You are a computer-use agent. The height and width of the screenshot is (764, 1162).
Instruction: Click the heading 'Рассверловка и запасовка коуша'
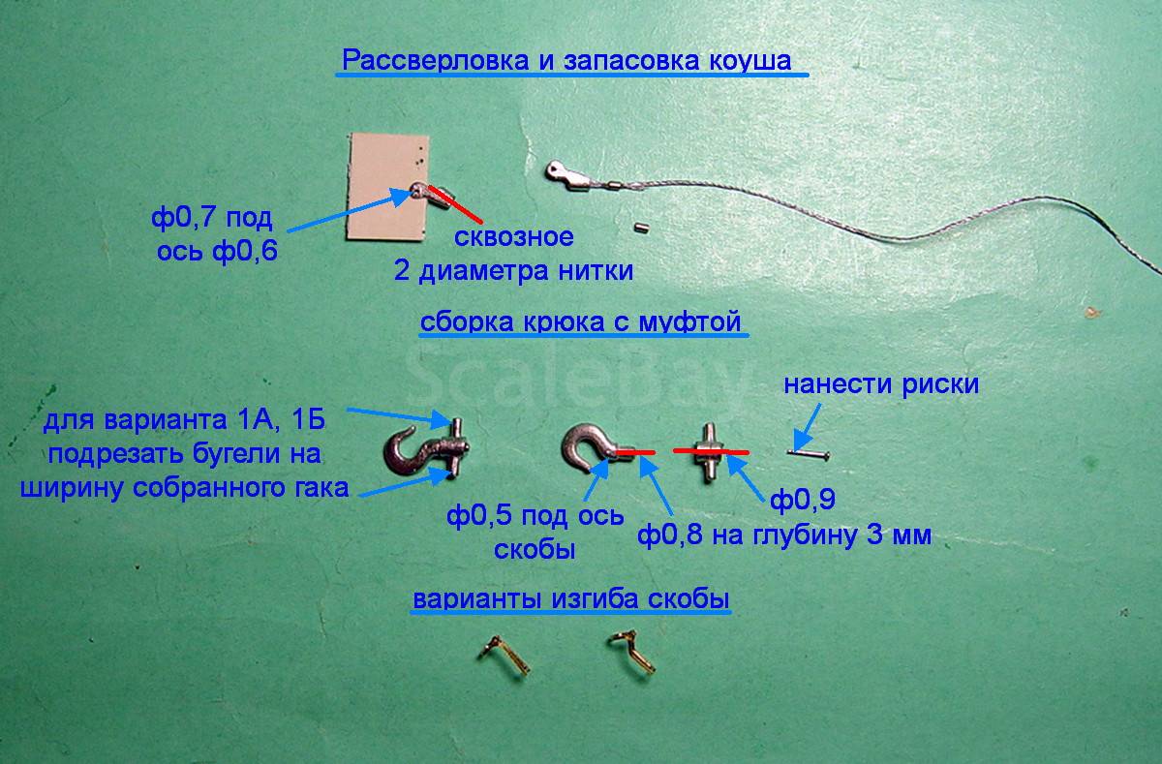pyautogui.click(x=566, y=60)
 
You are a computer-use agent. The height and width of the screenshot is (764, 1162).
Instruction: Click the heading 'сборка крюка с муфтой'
pyautogui.click(x=580, y=321)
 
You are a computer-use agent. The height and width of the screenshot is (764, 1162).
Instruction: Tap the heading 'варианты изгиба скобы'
pyautogui.click(x=571, y=599)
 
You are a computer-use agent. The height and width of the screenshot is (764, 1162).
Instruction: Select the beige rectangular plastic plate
pyautogui.click(x=386, y=187)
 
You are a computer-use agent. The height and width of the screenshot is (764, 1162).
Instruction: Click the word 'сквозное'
pyautogui.click(x=514, y=237)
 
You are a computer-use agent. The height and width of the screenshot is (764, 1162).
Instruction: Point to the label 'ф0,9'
pyautogui.click(x=803, y=500)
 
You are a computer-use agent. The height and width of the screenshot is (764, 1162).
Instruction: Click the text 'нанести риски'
pyautogui.click(x=881, y=384)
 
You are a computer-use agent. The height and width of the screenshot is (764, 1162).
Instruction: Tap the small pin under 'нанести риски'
pyautogui.click(x=809, y=454)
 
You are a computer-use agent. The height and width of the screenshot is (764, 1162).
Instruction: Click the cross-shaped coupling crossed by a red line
pyautogui.click(x=709, y=452)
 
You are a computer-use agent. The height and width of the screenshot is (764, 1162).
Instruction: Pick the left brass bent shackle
pyautogui.click(x=504, y=655)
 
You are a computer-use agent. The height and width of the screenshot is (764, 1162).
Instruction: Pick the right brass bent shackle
pyautogui.click(x=631, y=651)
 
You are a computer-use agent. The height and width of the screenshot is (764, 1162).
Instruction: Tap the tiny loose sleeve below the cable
pyautogui.click(x=642, y=227)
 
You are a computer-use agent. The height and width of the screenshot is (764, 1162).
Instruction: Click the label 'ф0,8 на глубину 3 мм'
pyautogui.click(x=784, y=535)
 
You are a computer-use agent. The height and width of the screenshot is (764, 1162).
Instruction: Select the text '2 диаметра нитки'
pyautogui.click(x=513, y=271)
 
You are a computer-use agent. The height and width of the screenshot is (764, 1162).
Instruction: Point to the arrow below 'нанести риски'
pyautogui.click(x=808, y=427)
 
